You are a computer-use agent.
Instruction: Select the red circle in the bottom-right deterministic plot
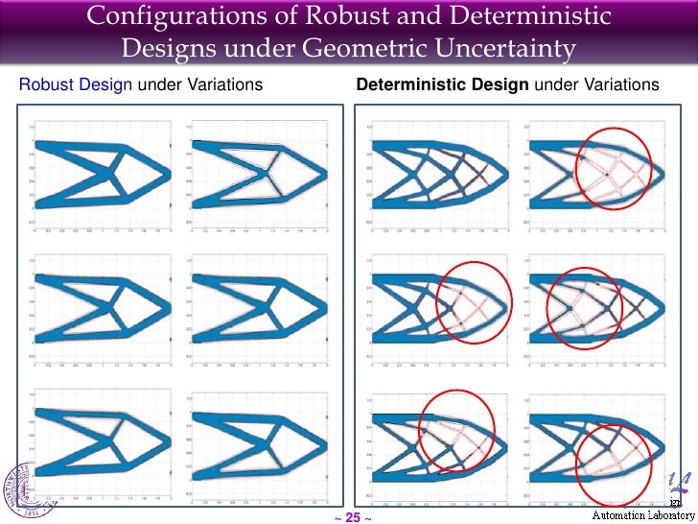click(x=618, y=464)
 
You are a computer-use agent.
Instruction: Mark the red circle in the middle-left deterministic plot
click(x=474, y=302)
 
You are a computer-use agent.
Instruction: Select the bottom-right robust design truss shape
click(x=257, y=451)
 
